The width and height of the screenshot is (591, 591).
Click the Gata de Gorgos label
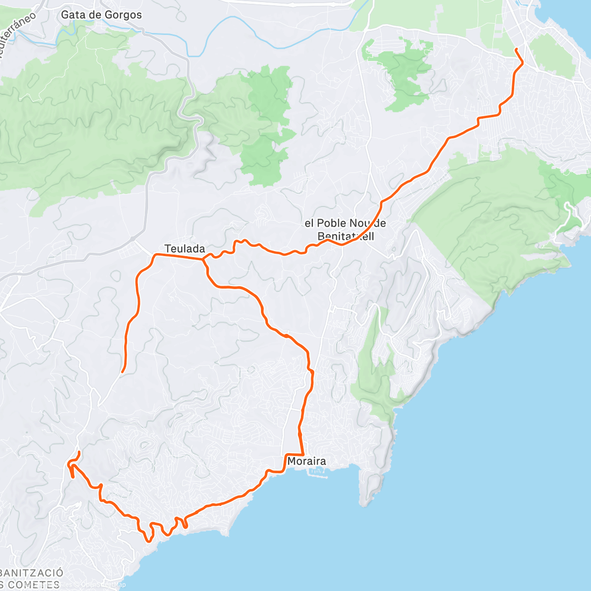(x=101, y=15)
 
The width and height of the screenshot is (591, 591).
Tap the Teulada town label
(x=185, y=249)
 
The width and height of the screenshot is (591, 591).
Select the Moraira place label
(x=306, y=461)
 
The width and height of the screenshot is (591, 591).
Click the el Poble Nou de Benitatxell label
(x=345, y=230)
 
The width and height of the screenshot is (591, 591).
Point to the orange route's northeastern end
(x=516, y=49)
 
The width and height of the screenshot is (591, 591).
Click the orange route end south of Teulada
(x=122, y=371)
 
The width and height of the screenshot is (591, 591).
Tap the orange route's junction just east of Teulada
(x=203, y=259)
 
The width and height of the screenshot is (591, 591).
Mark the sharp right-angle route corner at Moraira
(x=302, y=454)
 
